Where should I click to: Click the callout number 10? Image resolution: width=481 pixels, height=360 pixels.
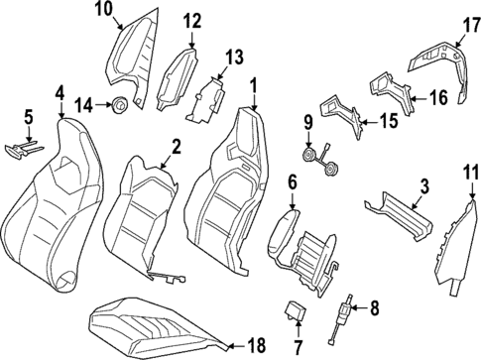pyautogui.click(x=104, y=9)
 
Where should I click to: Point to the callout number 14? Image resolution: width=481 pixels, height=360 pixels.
pyautogui.click(x=85, y=102)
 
